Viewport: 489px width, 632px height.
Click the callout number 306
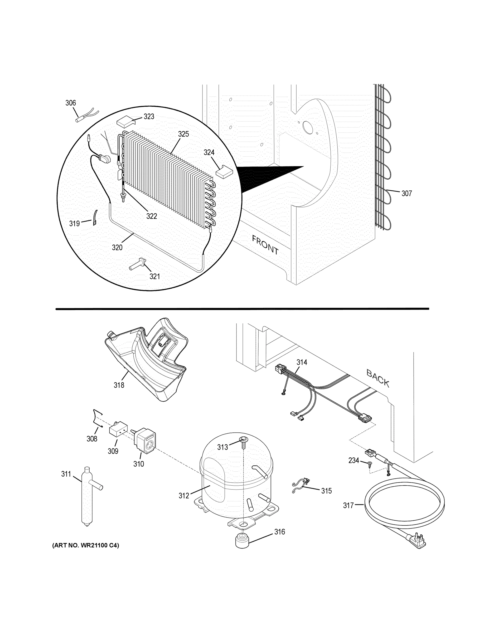70,103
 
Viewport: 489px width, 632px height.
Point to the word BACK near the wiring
378,378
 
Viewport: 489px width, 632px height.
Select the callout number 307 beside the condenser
406,194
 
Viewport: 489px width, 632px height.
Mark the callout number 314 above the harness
302,362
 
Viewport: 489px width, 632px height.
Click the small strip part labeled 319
95,218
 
